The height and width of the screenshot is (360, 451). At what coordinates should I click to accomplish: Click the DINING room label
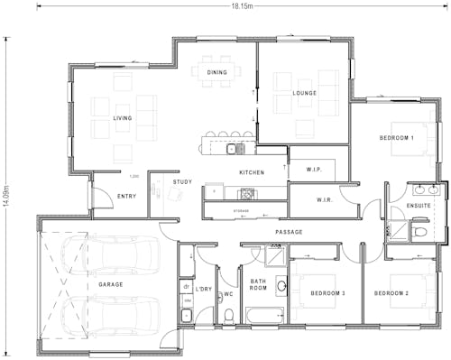click(217, 72)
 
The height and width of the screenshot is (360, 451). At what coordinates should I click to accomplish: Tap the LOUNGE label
click(305, 93)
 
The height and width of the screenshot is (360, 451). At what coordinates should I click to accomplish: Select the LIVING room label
click(123, 118)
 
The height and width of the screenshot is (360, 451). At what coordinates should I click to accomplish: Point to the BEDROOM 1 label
click(396, 138)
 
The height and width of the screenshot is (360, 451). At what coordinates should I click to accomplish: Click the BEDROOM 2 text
click(392, 294)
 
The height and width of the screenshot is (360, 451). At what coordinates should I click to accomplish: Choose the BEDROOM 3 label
click(328, 294)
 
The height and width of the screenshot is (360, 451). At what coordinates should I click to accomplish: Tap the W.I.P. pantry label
click(314, 169)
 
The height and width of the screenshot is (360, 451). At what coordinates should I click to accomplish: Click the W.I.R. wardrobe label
click(326, 200)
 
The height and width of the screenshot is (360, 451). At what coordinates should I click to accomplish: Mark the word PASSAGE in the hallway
click(289, 232)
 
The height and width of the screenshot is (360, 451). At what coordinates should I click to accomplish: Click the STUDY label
click(182, 181)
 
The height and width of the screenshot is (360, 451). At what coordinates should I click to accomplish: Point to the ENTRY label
click(127, 195)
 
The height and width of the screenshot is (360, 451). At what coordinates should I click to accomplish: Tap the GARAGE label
click(111, 284)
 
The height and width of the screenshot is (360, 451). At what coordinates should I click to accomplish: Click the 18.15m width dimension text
click(242, 5)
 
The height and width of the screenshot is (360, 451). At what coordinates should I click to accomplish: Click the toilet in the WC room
click(230, 314)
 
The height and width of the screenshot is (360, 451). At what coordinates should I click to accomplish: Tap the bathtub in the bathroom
click(264, 316)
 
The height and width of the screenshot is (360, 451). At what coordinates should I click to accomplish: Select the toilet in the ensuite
click(419, 232)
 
